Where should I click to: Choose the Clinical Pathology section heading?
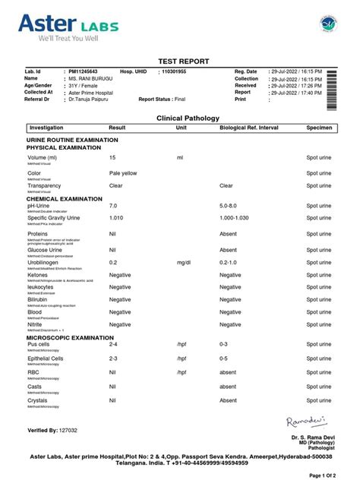point(188,118)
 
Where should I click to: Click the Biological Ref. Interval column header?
point(251,128)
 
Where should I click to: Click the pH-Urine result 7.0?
point(113,205)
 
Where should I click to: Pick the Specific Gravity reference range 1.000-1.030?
point(235,217)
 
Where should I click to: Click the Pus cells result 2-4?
point(113,344)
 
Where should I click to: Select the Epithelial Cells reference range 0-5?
point(223,358)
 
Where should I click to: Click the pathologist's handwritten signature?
point(305,422)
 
